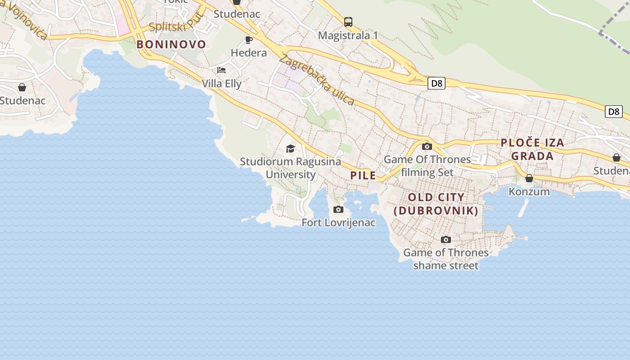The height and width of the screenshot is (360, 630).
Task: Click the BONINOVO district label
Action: [171, 45]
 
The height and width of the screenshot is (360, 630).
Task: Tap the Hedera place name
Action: [248, 53]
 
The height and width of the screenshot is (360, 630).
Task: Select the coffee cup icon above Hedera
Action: [248, 40]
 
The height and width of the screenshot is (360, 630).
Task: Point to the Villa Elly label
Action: [221, 84]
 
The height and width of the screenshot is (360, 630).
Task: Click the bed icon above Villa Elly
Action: [221, 70]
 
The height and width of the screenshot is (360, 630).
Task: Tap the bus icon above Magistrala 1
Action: [348, 22]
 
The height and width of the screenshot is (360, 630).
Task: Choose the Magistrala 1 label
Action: [348, 35]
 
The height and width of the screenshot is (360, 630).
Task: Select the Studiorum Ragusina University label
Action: [290, 168]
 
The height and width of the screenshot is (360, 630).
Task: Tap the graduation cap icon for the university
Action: [290, 148]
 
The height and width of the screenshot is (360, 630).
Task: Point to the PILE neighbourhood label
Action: [363, 175]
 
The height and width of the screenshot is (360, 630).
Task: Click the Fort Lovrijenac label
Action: [338, 223]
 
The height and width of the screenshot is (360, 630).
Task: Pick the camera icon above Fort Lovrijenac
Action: [338, 209]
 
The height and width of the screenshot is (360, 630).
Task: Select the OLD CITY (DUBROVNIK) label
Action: [436, 204]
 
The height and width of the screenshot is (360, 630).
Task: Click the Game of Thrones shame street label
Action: [445, 259]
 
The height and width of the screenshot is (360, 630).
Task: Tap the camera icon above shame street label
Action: [445, 239]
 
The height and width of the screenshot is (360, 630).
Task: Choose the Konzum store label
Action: [529, 192]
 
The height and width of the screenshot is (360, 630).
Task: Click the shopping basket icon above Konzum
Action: [529, 179]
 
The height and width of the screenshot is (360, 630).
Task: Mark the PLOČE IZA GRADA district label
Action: [532, 149]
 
